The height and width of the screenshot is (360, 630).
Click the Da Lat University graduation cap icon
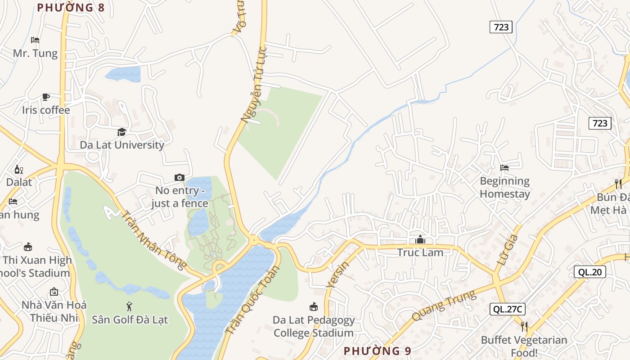121,132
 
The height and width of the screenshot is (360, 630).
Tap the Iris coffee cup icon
46,97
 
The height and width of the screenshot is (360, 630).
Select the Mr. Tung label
35,53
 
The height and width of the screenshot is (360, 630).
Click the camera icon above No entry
180,177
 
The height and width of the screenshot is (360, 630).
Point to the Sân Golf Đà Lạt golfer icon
130,306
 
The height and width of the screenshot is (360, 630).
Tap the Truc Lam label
420,252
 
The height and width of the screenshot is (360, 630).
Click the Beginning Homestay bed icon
504,168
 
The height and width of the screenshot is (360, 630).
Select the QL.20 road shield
590,272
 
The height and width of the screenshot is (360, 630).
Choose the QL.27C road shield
508,309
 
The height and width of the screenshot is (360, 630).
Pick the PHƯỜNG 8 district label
71,8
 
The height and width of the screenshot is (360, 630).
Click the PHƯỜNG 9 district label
378,351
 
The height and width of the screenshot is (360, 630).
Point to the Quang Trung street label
444,306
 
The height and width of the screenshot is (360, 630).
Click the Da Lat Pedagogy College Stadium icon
314,307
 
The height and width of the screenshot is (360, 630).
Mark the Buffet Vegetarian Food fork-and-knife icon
524,326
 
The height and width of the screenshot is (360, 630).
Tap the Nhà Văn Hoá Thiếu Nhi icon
54,292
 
